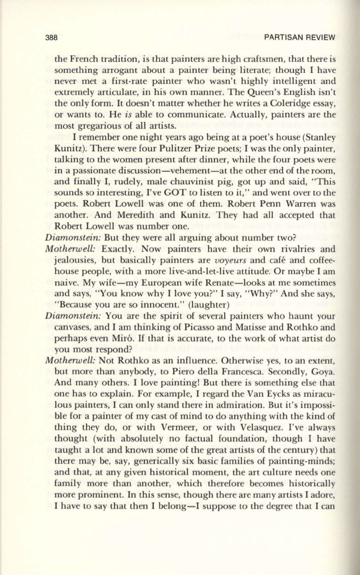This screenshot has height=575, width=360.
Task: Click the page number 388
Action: pyautogui.click(x=51, y=37)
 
